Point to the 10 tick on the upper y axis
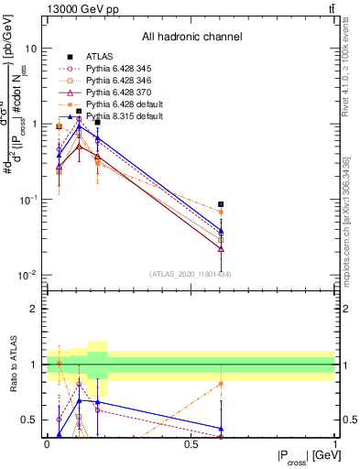coord(32,48)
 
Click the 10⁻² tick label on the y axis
coord(29,275)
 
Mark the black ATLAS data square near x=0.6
coord(221,204)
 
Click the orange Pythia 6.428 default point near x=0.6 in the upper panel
coord(221,212)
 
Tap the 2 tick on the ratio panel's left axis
coord(35,309)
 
